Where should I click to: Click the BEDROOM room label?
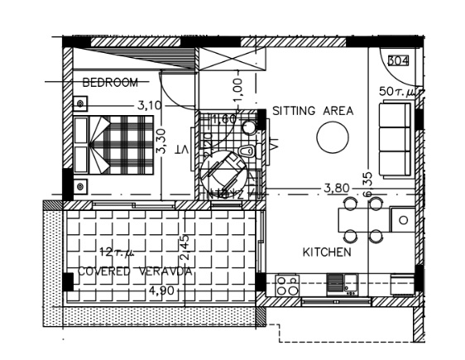110,82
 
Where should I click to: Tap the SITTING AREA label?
313,111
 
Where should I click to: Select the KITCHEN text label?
327,252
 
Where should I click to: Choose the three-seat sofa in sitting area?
394,139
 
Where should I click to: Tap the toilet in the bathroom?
246,151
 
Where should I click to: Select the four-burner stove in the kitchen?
287,286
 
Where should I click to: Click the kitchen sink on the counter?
340,284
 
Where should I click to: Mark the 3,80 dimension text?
336,188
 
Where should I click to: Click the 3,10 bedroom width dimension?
149,105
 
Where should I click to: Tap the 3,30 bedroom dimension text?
163,141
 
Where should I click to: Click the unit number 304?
399,60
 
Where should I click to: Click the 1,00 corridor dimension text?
237,86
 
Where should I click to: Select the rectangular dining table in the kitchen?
363,219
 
